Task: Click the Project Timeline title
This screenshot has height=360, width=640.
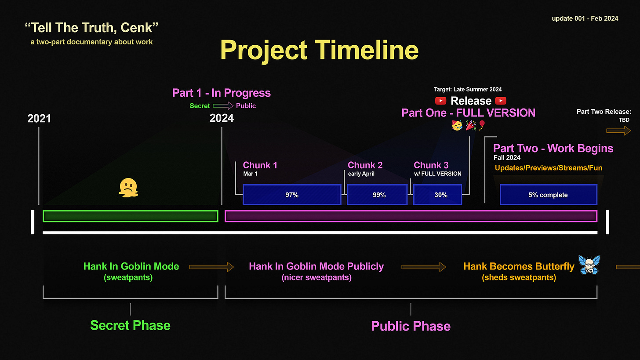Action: [x=319, y=50]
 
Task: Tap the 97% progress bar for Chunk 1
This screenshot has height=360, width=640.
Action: [x=292, y=195]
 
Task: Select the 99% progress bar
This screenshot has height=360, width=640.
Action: [x=377, y=195]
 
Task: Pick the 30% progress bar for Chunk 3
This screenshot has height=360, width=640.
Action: [x=438, y=195]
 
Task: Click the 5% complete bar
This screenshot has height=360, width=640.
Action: [x=548, y=195]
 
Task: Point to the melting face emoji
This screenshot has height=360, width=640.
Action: [x=127, y=188]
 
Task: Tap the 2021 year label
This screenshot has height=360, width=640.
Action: [x=39, y=118]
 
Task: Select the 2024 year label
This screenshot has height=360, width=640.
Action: [x=222, y=118]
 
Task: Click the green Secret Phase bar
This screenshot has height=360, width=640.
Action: [x=130, y=216]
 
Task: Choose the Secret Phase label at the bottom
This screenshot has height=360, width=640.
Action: [x=130, y=325]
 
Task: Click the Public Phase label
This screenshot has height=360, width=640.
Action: [x=411, y=326]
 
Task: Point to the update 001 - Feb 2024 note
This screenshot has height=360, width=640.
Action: [x=585, y=18]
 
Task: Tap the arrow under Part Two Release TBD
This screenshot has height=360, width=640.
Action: [x=618, y=131]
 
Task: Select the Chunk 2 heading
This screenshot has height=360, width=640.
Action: [x=365, y=165]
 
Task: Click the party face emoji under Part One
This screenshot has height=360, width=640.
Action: [x=457, y=126]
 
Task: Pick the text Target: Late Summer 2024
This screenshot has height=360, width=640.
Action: [x=468, y=90]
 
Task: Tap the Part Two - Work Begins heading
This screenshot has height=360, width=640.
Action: [x=553, y=148]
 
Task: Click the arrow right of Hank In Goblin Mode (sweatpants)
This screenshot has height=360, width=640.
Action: [x=211, y=266]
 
